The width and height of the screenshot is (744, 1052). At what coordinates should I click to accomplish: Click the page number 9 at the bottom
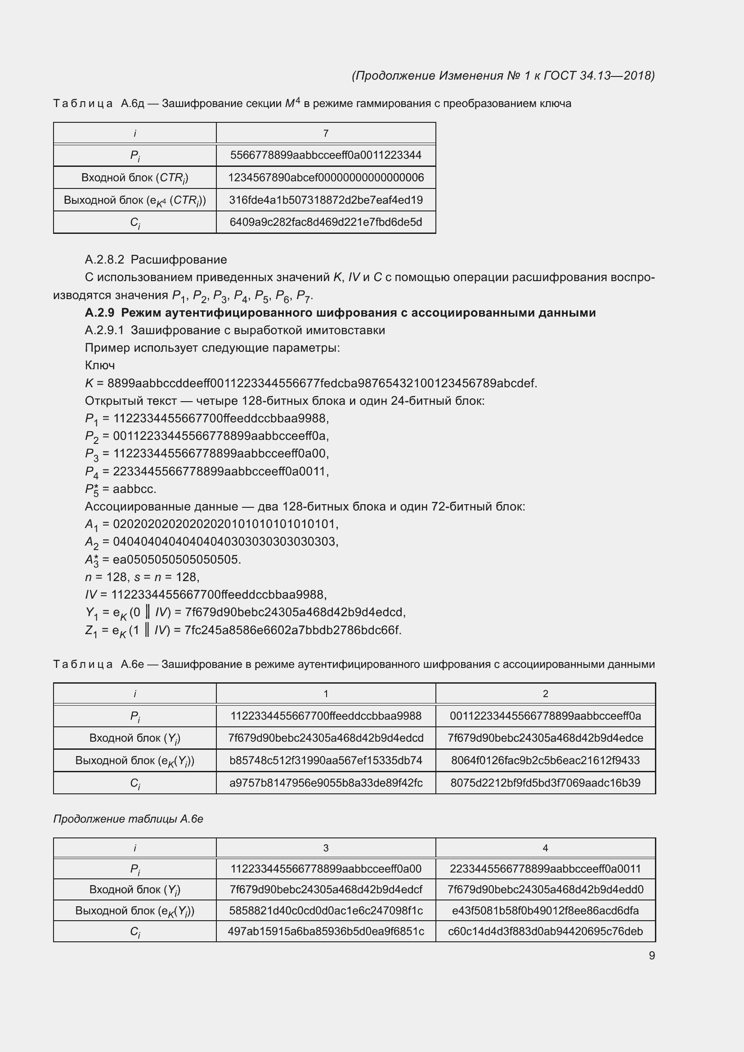(651, 955)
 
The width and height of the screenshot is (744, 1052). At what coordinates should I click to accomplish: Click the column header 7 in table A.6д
(326, 133)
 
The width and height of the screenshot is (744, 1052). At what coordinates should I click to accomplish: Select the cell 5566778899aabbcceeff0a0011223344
(326, 155)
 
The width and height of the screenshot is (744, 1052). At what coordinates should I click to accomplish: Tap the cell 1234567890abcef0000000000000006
(326, 177)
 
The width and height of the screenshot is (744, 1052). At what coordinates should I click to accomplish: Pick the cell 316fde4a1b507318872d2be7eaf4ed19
(326, 200)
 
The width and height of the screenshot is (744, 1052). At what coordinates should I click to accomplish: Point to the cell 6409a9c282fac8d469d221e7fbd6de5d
(326, 222)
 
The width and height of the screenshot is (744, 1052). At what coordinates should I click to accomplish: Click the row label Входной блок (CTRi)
(134, 178)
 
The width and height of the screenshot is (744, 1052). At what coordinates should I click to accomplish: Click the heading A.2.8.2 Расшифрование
(156, 260)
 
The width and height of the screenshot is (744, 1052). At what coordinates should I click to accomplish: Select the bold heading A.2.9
(340, 313)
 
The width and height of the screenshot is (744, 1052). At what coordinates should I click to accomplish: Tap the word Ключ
(99, 365)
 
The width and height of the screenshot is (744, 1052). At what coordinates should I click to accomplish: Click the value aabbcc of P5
(134, 489)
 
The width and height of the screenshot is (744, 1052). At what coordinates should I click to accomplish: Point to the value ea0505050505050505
(176, 560)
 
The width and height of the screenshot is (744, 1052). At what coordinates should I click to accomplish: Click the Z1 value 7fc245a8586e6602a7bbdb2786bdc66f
(293, 630)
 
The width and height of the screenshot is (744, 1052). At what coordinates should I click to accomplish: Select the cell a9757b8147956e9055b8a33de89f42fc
(326, 783)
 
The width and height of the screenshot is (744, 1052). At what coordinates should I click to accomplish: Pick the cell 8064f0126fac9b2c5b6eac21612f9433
(545, 761)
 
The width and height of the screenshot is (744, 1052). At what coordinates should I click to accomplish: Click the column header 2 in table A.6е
(545, 694)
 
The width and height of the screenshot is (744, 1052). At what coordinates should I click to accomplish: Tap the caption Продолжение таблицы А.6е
(128, 819)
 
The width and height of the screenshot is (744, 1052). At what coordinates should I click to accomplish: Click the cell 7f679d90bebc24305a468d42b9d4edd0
(545, 889)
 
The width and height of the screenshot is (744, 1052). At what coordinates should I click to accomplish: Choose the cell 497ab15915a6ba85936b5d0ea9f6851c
(326, 931)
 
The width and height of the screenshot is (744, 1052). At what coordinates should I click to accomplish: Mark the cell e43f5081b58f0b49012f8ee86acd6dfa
(545, 910)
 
